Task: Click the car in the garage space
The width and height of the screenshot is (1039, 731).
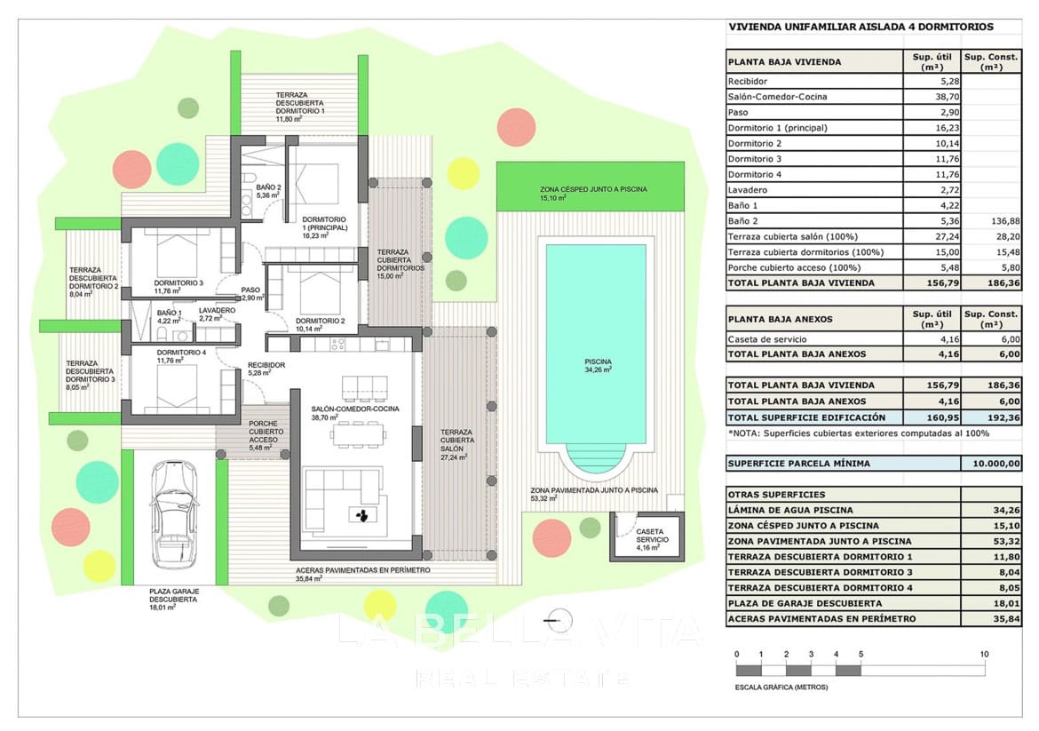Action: (173, 515)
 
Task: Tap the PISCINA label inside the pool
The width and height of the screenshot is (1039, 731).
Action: (598, 362)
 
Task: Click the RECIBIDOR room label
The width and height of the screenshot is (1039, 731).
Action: (266, 365)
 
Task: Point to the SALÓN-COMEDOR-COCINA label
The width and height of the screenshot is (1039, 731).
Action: (355, 409)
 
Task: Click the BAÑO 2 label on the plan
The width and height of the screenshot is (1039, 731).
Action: (268, 187)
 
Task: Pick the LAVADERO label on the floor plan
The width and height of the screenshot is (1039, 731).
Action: (217, 310)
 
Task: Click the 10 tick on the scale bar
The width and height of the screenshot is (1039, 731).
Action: (984, 654)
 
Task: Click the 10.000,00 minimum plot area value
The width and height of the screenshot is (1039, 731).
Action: (995, 464)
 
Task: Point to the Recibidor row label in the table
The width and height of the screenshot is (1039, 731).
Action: (748, 82)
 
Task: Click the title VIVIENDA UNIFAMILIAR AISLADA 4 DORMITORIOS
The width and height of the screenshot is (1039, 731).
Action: (861, 28)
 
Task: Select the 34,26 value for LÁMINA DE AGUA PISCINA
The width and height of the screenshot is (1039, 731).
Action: (1006, 511)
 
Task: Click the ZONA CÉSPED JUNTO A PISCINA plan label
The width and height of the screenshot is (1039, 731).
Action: (593, 189)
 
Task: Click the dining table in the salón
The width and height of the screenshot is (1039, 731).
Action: (359, 435)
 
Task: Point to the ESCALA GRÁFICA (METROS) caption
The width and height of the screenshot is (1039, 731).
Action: (781, 687)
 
